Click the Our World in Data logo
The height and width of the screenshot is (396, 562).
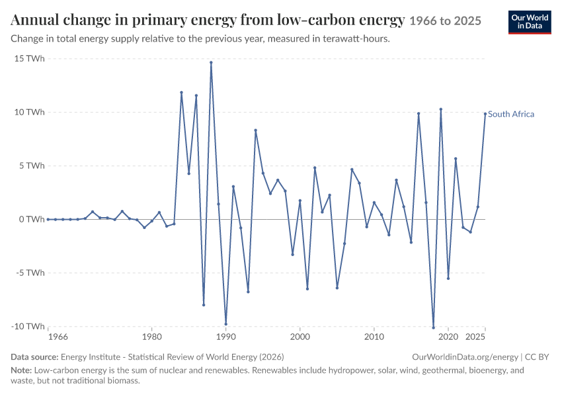click(530, 22)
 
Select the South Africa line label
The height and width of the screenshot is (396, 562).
click(510, 114)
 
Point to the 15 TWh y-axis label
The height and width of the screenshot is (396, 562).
click(29, 59)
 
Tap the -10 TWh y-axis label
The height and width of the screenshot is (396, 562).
click(28, 326)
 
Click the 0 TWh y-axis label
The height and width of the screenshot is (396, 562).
click(32, 219)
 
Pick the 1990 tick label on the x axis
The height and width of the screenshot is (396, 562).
click(226, 337)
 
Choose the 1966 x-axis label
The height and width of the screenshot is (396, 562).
click(58, 337)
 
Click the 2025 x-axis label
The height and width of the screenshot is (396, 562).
click(475, 337)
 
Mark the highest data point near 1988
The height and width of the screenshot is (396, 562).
click(211, 62)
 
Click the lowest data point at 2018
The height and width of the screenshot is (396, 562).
click(433, 327)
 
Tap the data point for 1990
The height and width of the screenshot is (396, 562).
click(226, 324)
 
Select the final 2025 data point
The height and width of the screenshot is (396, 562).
click(485, 114)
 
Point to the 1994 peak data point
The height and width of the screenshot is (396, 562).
click(256, 130)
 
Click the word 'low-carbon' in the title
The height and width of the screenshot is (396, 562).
click(316, 20)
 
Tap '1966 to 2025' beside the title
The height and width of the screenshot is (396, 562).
click(445, 21)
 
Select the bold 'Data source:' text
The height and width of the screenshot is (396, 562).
click(34, 357)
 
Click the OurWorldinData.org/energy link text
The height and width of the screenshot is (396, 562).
click(465, 357)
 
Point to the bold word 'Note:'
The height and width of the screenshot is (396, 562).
click(21, 370)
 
